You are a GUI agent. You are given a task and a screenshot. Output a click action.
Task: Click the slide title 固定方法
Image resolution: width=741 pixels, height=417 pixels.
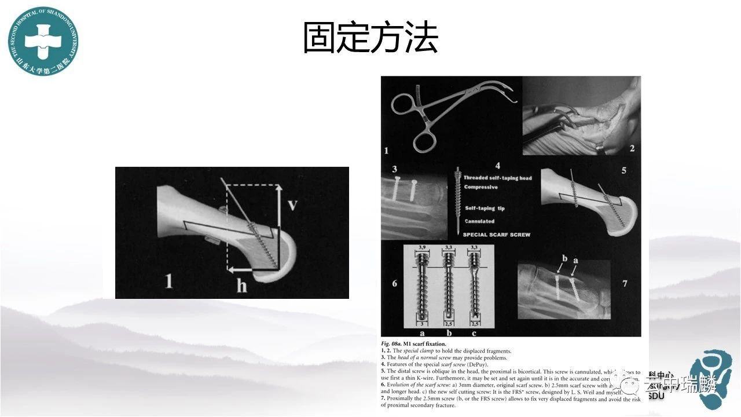pyautogui.click(x=370, y=39)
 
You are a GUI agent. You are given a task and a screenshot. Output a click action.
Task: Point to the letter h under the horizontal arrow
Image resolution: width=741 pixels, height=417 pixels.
pyautogui.click(x=241, y=286)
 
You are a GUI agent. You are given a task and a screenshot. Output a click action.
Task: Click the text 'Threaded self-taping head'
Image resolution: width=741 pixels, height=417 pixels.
pyautogui.click(x=497, y=178)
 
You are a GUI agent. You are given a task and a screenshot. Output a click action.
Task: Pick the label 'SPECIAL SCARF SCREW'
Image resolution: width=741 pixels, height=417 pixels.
pyautogui.click(x=496, y=235)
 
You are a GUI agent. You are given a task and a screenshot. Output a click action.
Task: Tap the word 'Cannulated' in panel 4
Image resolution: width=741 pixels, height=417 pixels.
pyautogui.click(x=479, y=221)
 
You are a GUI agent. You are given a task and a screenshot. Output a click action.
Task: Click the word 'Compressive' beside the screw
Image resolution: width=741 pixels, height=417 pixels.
pyautogui.click(x=480, y=187)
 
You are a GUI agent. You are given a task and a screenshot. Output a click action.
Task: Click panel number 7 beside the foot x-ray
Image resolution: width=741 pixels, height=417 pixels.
pyautogui.click(x=624, y=283)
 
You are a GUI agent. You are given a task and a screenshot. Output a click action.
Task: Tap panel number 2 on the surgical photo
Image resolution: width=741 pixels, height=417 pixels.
pyautogui.click(x=632, y=148)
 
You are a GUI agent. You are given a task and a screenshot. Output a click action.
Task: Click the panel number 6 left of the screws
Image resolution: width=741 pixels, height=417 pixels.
pyautogui.click(x=395, y=283)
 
